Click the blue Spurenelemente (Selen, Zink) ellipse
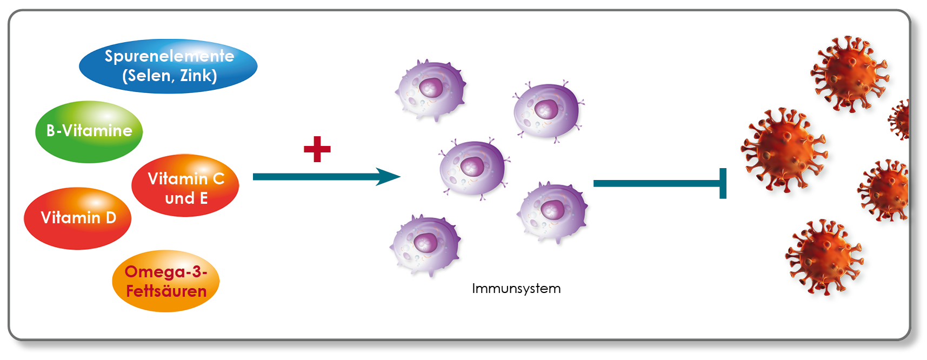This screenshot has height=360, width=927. click(x=168, y=66)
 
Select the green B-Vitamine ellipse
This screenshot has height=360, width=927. click(x=89, y=131)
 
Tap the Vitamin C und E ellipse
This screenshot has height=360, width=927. click(x=185, y=185)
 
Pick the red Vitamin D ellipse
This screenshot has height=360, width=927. click(x=78, y=218)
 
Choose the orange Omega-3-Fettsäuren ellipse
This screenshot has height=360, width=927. click(x=166, y=281)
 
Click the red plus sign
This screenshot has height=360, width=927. click(x=317, y=149)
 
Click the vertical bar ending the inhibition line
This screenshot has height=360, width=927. click(x=723, y=183)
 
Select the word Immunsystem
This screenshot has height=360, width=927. click(x=516, y=289)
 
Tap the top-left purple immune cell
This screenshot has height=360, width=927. click(x=430, y=90)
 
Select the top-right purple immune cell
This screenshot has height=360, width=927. click(x=547, y=110)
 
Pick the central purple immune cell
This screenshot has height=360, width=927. click(x=473, y=168)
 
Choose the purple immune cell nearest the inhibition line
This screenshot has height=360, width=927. click(x=552, y=211)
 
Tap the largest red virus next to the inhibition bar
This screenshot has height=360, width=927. click(x=784, y=149)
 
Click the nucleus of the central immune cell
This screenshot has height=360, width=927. click(x=472, y=166)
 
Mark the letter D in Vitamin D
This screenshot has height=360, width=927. click(x=111, y=217)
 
